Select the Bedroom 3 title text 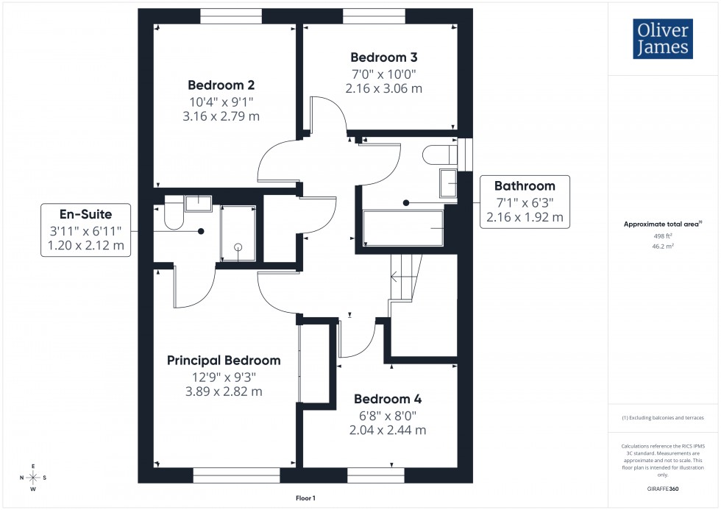tap(383, 57)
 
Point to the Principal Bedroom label tap(224, 361)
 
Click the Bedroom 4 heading tap(388, 400)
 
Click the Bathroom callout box tap(525, 201)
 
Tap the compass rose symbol tap(33, 478)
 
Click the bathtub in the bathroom tap(403, 228)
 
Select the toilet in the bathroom tap(438, 155)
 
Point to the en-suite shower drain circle tap(238, 248)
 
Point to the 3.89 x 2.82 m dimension tap(224, 392)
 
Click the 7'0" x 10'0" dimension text tap(383, 74)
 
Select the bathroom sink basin tap(447, 183)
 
